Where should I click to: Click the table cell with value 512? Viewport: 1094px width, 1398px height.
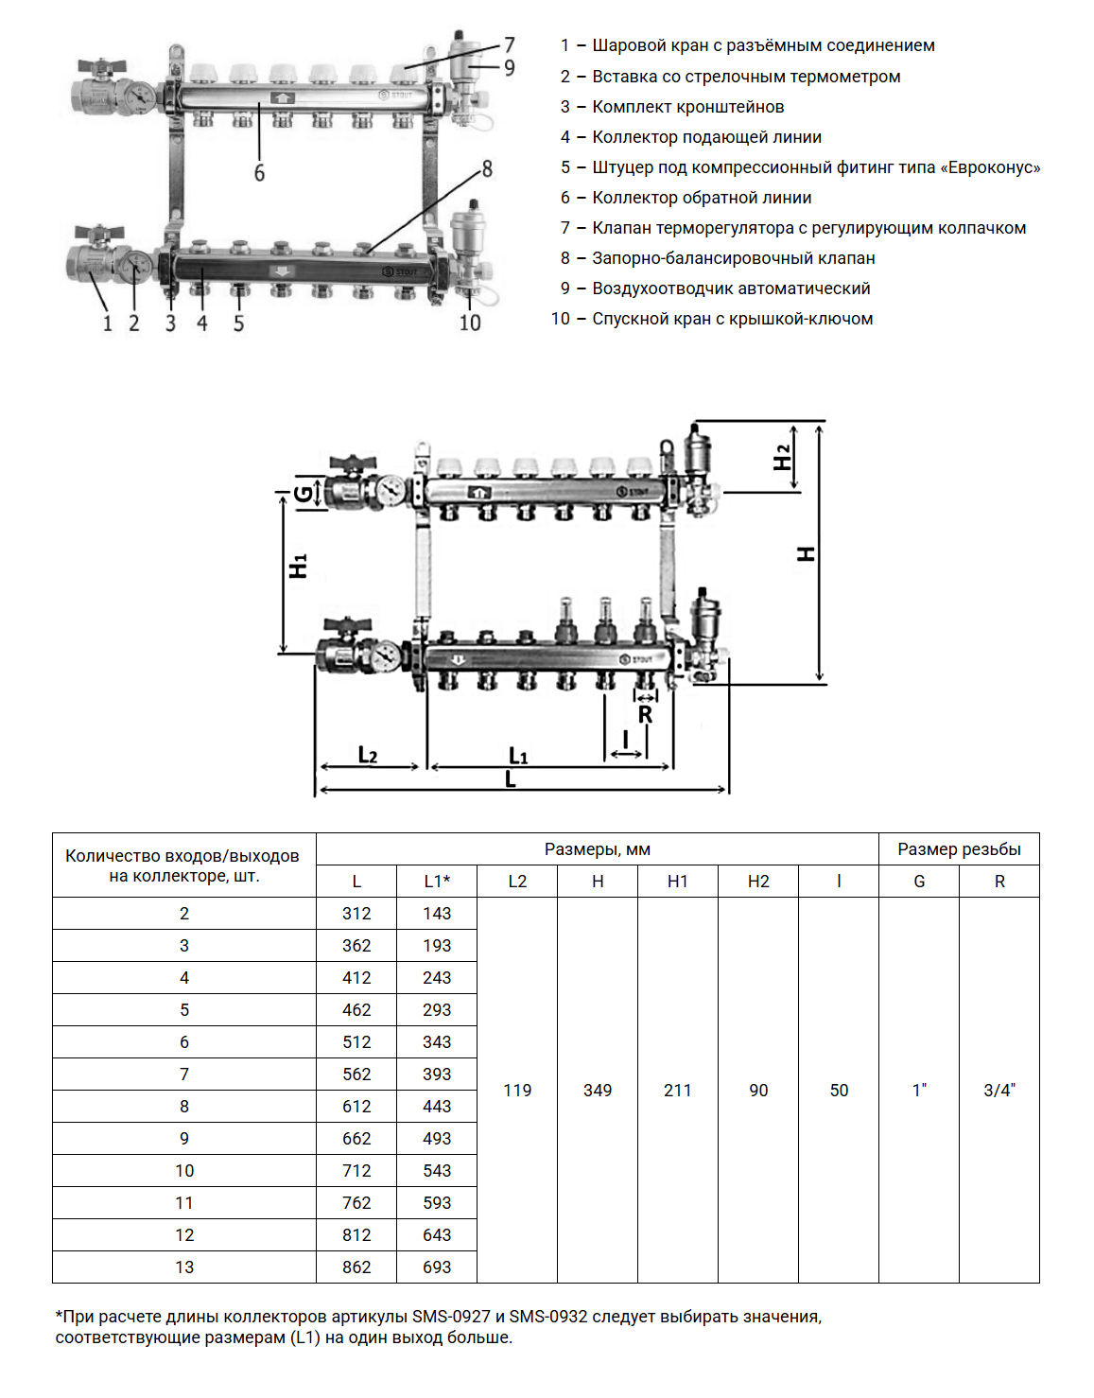[x=356, y=1042]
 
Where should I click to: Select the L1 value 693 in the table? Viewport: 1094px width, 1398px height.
[x=437, y=1267]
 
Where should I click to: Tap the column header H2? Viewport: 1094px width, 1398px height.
[x=758, y=882]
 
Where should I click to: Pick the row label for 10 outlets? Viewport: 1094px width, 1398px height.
[x=184, y=1171]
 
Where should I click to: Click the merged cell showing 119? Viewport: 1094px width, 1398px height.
[x=517, y=1091]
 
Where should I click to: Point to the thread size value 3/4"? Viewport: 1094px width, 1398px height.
[x=999, y=1091]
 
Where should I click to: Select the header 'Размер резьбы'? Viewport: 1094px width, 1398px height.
[x=959, y=849]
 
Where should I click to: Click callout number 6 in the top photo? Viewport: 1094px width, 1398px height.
[x=259, y=173]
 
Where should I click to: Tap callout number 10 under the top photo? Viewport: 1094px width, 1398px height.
[x=470, y=323]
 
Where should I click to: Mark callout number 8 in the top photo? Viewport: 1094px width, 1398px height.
[x=487, y=169]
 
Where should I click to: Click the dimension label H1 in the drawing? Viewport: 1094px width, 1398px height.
[x=299, y=567]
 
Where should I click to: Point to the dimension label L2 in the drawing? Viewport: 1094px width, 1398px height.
[x=368, y=755]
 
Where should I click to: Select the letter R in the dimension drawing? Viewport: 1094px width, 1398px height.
[x=645, y=715]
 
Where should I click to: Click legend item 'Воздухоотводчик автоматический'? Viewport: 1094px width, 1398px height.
[x=731, y=288]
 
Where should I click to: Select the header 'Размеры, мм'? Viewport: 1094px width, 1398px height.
[x=598, y=849]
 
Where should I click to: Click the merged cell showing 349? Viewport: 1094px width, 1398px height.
[x=598, y=1091]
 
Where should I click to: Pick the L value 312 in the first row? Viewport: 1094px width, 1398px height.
[x=356, y=914]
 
